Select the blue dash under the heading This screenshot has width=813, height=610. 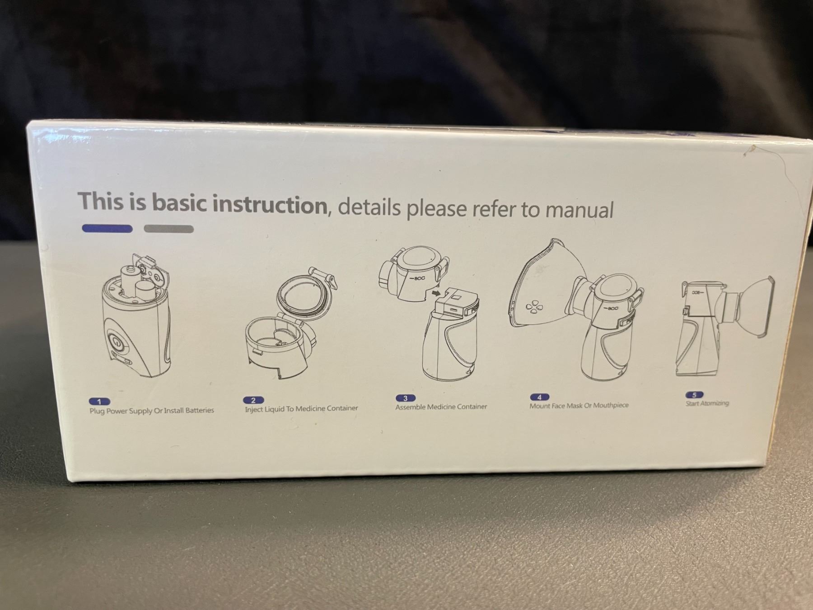[x=107, y=229]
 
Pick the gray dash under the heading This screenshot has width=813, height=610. [x=169, y=229]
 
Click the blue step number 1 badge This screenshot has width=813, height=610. [x=100, y=401]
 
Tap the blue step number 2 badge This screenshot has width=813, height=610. [x=253, y=400]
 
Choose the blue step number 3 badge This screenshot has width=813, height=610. [x=405, y=398]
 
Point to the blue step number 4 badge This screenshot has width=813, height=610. [x=539, y=397]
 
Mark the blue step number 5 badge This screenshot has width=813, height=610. [x=694, y=395]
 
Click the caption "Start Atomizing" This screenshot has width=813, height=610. [x=707, y=403]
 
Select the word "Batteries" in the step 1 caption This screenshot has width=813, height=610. [x=198, y=410]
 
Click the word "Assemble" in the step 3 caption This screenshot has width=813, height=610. [x=411, y=407]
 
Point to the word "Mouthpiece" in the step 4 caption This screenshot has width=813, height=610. [x=611, y=405]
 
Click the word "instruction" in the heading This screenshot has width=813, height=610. [x=270, y=205]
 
